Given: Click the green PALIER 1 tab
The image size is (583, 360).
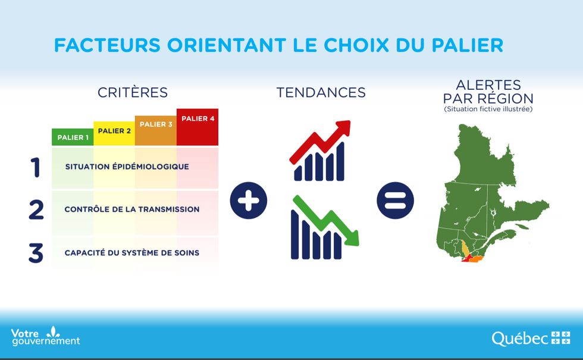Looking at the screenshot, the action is click(x=73, y=137).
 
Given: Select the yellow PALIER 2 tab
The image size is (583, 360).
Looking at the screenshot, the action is click(x=114, y=133).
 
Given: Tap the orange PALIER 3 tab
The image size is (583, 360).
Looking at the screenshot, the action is click(x=156, y=130).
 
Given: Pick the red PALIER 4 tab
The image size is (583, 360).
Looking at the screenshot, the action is click(x=198, y=127).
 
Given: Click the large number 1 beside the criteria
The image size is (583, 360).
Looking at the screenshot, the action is click(x=36, y=167).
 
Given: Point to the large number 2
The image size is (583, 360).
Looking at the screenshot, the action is click(x=36, y=209).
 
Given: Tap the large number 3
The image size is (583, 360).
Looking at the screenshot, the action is click(x=36, y=253).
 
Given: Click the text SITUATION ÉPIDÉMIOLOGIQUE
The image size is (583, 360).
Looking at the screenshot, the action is click(x=127, y=166).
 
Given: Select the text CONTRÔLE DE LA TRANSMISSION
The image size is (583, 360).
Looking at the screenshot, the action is click(x=132, y=209).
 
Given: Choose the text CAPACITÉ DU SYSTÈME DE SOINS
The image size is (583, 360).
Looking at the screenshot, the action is click(x=132, y=252).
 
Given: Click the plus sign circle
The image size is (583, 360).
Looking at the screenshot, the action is click(x=249, y=201).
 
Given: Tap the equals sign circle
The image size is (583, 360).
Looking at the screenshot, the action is click(x=395, y=201).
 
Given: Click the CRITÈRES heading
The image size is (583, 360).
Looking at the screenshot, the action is click(x=133, y=92).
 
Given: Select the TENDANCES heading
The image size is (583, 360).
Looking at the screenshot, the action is click(x=321, y=92).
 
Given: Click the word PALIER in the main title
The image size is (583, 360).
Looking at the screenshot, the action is click(x=468, y=45).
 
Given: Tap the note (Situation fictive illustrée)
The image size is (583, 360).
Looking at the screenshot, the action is click(x=488, y=109).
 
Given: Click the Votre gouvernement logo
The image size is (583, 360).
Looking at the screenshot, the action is click(x=45, y=336).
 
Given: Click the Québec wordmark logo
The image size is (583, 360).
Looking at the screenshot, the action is click(x=531, y=339).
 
